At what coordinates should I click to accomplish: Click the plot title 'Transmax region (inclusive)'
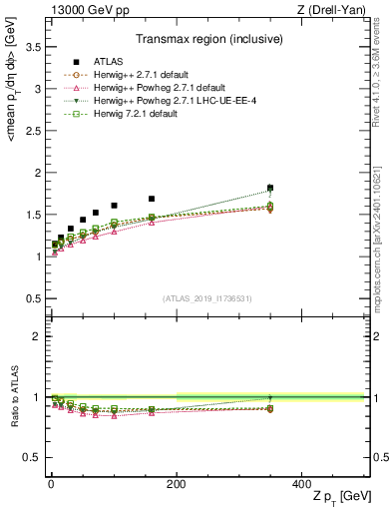[207, 41]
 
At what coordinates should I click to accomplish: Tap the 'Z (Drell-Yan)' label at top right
[334, 9]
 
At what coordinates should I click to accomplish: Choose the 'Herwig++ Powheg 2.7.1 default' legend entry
[146, 88]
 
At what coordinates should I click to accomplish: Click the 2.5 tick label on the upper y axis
[32, 131]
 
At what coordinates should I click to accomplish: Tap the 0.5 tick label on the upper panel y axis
[32, 298]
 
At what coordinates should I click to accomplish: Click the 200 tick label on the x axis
[176, 482]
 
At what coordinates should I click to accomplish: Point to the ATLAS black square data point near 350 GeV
[270, 188]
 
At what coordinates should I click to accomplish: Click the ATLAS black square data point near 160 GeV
[152, 199]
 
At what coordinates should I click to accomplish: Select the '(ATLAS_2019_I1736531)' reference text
[207, 298]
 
